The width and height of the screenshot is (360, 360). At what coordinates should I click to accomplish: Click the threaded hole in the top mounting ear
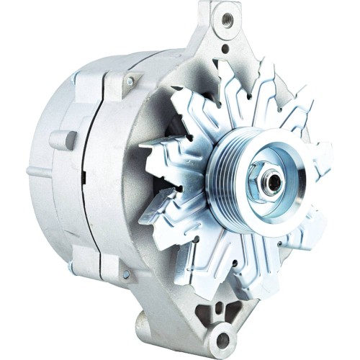[x=228, y=14]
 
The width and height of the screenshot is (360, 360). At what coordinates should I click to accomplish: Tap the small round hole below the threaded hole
[x=225, y=49]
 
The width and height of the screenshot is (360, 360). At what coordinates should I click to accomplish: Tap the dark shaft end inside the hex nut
[x=272, y=181]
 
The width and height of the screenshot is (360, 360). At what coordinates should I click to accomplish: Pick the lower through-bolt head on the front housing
[x=126, y=274]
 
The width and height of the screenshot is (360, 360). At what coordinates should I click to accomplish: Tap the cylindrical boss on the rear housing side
[x=65, y=140]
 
